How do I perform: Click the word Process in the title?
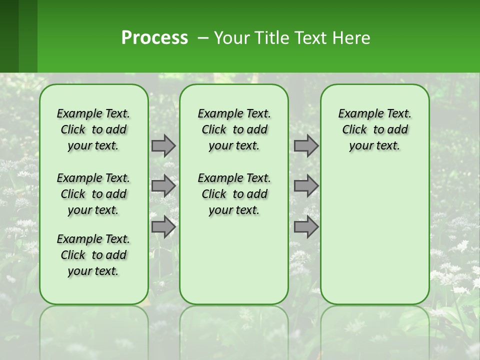point(154,38)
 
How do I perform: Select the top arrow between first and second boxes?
point(163,146)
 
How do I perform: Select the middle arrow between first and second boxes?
point(163,186)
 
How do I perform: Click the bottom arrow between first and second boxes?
point(163,227)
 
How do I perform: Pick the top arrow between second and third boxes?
point(306,146)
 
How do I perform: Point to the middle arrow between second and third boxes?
point(306,186)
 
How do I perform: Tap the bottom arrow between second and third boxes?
point(306,227)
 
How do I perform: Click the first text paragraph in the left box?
point(93,129)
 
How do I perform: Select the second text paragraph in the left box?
point(93,194)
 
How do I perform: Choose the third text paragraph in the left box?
point(93,255)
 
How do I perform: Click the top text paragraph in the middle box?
point(234,129)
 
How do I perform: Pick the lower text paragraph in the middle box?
point(234,194)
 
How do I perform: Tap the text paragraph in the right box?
point(374,129)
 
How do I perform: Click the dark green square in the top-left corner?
point(9,36)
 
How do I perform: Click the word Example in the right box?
point(356,114)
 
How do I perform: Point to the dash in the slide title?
point(203,38)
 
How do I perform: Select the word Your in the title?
point(230,38)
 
